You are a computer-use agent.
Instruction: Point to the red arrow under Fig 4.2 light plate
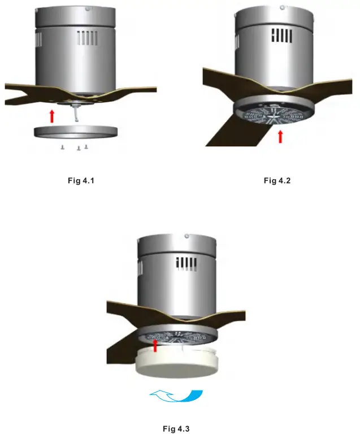[x=280, y=137]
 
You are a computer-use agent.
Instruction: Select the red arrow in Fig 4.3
[x=155, y=345]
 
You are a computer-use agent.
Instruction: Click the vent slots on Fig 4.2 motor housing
[x=282, y=36]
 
